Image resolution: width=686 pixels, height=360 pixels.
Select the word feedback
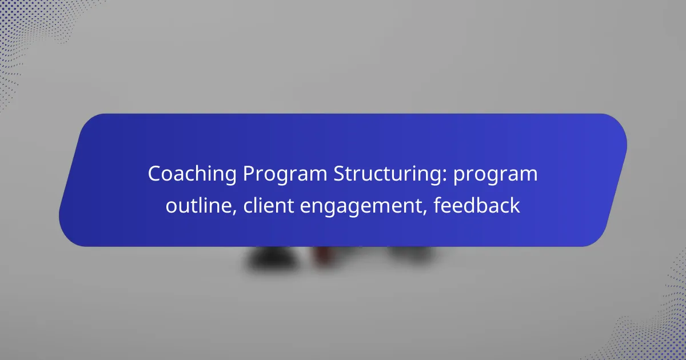pos(477,206)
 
